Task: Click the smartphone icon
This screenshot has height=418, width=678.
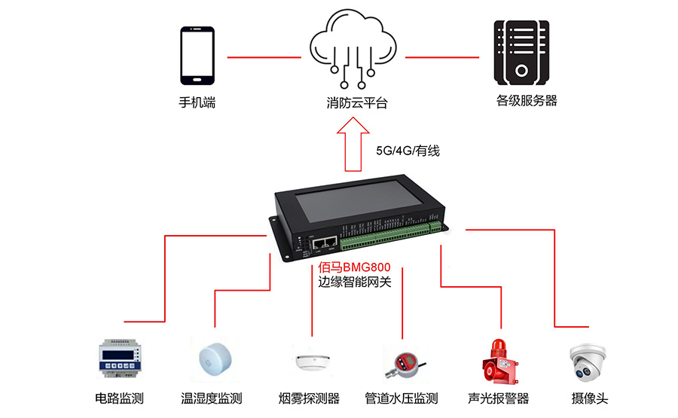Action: tap(197, 56)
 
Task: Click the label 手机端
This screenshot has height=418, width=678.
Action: tap(197, 102)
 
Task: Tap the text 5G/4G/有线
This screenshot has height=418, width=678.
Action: tap(408, 151)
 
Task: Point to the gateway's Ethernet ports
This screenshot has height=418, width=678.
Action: tap(325, 243)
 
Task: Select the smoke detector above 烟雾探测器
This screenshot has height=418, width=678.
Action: tap(311, 361)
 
